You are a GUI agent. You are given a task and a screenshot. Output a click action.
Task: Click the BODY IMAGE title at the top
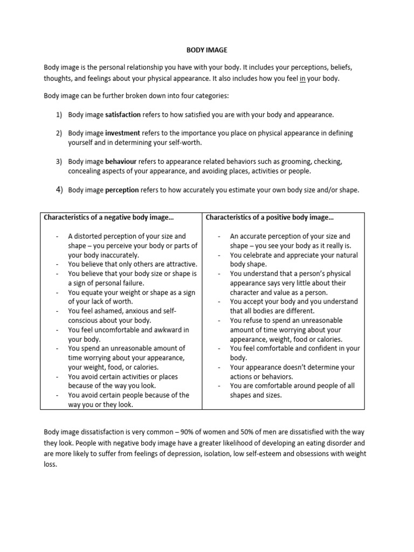pos(207,50)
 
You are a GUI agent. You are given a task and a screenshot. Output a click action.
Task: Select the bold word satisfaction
pos(123,115)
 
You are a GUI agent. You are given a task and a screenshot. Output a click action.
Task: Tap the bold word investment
pos(122,133)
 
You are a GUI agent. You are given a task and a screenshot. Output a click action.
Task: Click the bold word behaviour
pos(121,162)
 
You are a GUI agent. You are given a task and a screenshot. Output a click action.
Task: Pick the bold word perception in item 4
pos(122,190)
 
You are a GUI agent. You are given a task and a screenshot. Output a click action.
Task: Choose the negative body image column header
pos(108,218)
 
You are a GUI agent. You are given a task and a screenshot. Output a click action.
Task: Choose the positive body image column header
pos(270,218)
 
